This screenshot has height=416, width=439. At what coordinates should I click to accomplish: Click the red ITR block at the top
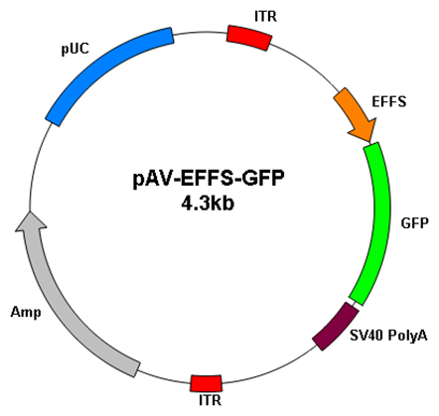click(x=249, y=38)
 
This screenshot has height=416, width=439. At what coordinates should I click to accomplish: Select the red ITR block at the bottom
click(x=206, y=383)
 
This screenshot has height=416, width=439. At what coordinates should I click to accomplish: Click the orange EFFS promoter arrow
click(x=356, y=114)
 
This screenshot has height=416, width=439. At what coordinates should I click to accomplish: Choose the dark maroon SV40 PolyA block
click(x=336, y=326)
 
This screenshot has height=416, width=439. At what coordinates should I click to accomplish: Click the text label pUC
click(x=75, y=49)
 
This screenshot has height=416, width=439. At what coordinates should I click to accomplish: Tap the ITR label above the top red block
click(x=265, y=16)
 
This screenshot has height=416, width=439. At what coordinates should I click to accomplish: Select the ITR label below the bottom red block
click(x=210, y=400)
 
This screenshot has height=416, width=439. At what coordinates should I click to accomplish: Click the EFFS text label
click(x=389, y=101)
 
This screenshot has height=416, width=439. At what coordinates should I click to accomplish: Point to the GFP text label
click(x=415, y=223)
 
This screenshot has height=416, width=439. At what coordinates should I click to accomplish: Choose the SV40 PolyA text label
click(x=388, y=336)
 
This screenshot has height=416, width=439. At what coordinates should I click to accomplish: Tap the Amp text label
click(x=26, y=312)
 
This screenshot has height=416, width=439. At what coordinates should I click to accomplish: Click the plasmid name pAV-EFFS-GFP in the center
click(x=209, y=179)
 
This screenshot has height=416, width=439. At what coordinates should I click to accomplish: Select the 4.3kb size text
click(x=208, y=203)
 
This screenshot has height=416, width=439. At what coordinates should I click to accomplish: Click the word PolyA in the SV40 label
click(x=407, y=337)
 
